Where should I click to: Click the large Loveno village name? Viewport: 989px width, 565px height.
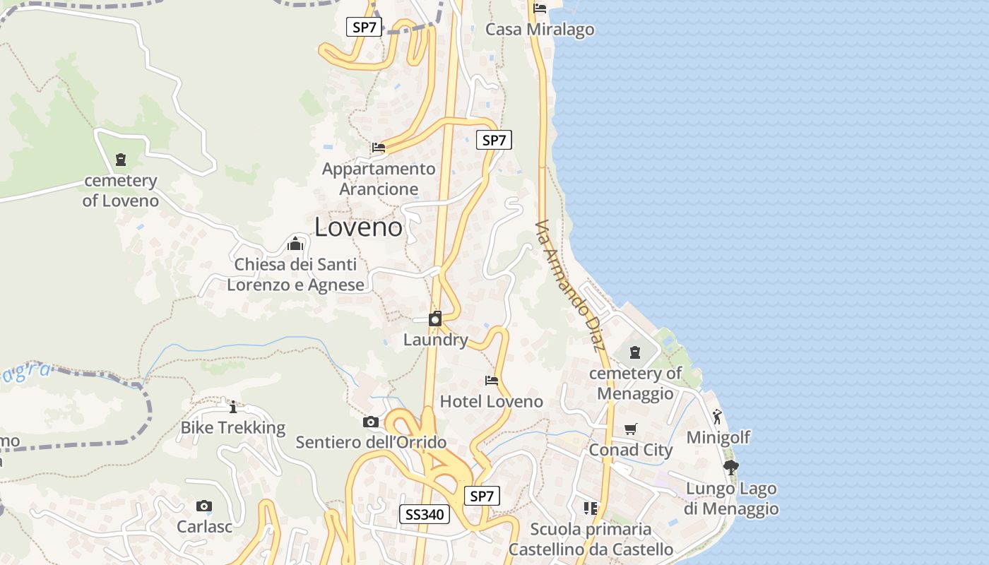coord(358,227)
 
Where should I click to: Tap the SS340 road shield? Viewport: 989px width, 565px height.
coord(425,514)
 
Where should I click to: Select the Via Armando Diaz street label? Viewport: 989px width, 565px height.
coord(571,285)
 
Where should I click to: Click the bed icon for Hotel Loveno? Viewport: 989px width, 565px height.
coord(492,380)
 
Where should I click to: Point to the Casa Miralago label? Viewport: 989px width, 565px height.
coord(540,30)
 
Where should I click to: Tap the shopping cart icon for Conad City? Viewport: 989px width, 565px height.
coord(631,429)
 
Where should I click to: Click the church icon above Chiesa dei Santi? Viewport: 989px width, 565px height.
coord(295,244)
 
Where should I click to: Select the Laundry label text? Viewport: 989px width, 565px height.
coord(435,340)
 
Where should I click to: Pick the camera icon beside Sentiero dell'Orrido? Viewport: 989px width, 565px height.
coord(370,422)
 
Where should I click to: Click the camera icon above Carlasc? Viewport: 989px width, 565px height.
coord(204,506)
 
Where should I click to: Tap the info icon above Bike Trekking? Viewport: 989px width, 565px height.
coord(233,407)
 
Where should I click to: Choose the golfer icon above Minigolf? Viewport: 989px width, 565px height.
coord(718,416)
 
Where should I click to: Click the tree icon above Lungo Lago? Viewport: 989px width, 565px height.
coord(731,467)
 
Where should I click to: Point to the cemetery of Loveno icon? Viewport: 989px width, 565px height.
coord(121,160)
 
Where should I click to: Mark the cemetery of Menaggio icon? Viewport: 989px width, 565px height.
coord(635,352)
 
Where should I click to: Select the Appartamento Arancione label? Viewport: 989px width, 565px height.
coord(379,179)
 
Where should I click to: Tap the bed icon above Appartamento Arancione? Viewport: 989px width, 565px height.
coord(379,148)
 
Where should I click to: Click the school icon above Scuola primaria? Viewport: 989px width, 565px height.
coord(591,508)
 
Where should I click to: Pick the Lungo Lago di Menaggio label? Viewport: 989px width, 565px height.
coord(731,499)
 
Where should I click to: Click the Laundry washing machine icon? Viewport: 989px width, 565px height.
coord(435,319)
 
